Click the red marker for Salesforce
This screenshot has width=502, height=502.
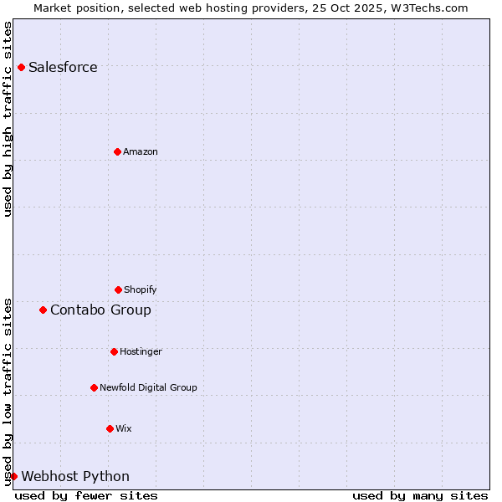[x=21, y=67]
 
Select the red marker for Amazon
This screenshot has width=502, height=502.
[x=117, y=151]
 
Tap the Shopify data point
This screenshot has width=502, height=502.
[x=118, y=289]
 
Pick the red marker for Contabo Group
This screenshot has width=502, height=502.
[x=43, y=310]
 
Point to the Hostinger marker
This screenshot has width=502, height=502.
[x=114, y=351]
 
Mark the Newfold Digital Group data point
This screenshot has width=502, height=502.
[x=94, y=387]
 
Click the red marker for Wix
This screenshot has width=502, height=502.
[x=110, y=428]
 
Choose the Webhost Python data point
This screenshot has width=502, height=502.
[x=13, y=476]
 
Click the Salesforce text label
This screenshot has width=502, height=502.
[x=63, y=67]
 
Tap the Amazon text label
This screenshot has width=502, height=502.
[x=141, y=151]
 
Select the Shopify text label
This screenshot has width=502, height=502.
[x=141, y=289]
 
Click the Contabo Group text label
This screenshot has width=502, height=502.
[x=100, y=310]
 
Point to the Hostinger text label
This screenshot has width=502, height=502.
[x=141, y=351]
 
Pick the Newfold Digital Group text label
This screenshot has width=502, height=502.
[x=148, y=387]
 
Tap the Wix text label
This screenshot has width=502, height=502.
[x=124, y=428]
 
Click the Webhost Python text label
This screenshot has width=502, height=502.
[x=75, y=476]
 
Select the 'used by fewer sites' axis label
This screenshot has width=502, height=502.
[x=86, y=495]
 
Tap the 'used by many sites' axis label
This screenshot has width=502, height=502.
[x=420, y=495]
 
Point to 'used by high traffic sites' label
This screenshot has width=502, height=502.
[x=8, y=119]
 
